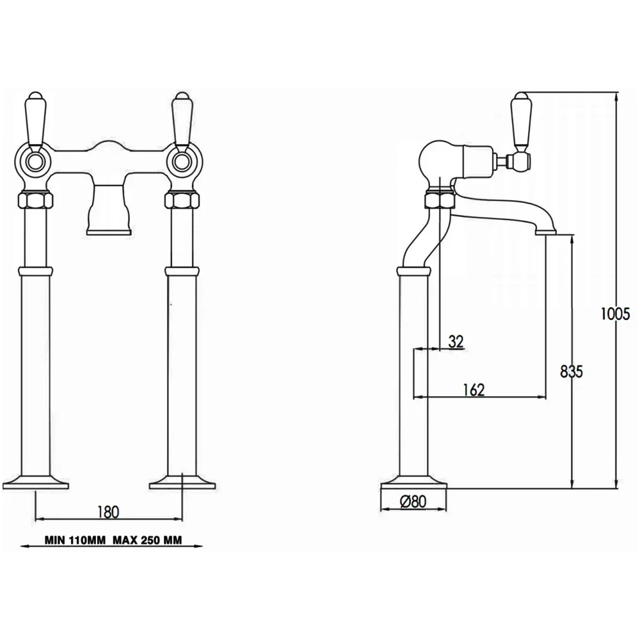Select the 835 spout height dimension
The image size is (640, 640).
[x=572, y=371]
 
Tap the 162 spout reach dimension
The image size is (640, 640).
[x=474, y=390]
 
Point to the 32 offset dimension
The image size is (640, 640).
[x=456, y=341]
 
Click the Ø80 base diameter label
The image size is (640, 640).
[x=413, y=501]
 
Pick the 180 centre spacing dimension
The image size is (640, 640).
[x=108, y=511]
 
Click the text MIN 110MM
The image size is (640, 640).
[x=75, y=540]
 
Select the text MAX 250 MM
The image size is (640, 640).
[x=147, y=540]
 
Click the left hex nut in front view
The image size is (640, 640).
[x=35, y=200]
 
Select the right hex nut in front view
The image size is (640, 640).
[x=182, y=200]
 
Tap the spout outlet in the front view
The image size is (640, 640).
[x=109, y=232]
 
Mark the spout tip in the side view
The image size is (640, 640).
[x=546, y=232]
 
